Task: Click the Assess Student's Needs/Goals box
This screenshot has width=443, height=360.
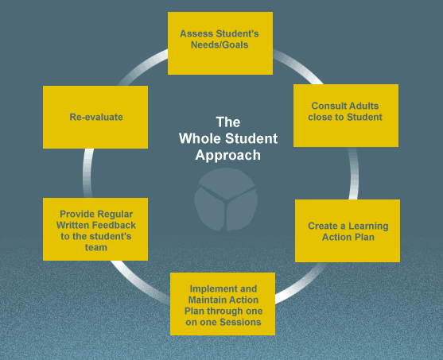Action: pos(220,43)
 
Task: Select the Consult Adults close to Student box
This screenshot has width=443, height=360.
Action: pos(346,115)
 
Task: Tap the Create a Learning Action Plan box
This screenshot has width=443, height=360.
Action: pos(347,230)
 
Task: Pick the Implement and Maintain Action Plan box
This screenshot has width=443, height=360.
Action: pos(221,304)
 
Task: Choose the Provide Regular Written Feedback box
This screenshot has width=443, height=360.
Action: pos(95,229)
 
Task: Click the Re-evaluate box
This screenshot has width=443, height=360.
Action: pos(95,117)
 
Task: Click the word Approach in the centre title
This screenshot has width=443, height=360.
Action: pos(228,156)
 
